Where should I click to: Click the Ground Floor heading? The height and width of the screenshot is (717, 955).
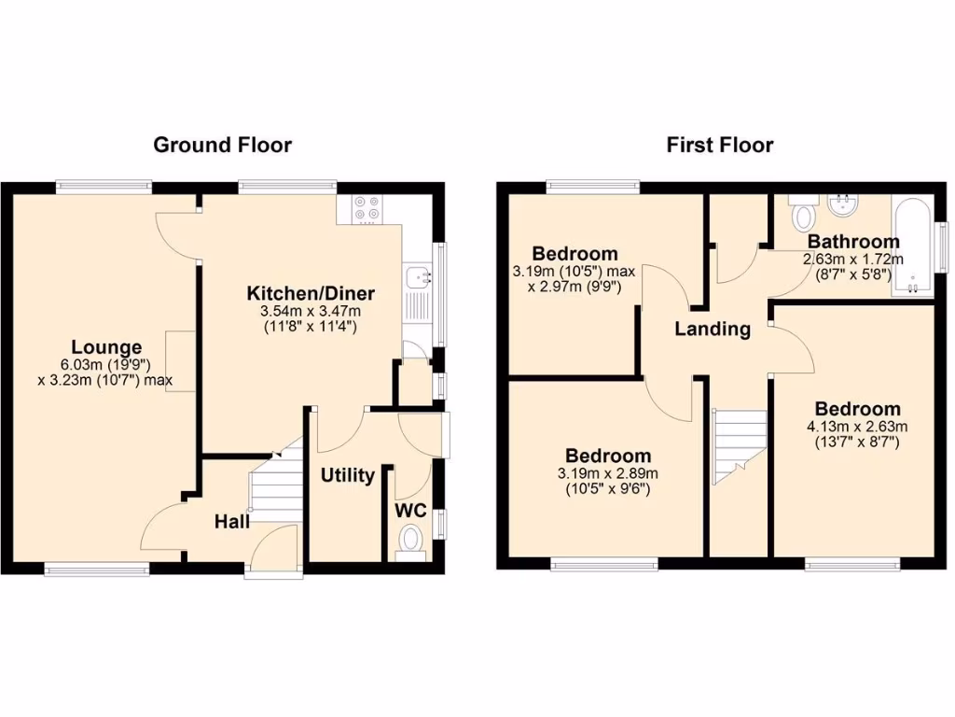(x=222, y=145)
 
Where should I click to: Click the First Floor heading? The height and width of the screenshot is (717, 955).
(x=719, y=145)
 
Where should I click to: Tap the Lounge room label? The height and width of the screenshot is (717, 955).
(x=106, y=347)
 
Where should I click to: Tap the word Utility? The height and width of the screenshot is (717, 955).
(x=348, y=475)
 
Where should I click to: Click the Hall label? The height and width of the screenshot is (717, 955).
(x=231, y=521)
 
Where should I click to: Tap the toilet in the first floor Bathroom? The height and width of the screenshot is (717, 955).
(x=801, y=213)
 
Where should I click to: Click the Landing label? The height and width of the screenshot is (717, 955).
(x=713, y=329)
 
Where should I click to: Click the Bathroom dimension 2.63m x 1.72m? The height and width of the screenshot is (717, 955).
(x=853, y=260)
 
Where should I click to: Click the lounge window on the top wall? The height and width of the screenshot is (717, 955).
(x=103, y=187)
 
